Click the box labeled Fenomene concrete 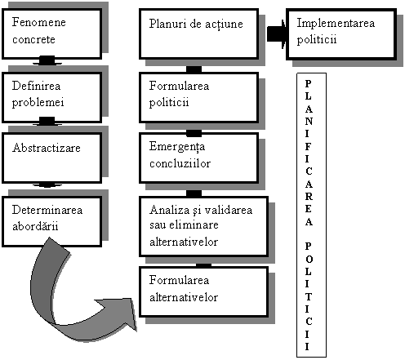51,33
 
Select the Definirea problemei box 51,97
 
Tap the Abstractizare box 51,158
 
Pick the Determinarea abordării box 51,221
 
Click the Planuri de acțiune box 198,33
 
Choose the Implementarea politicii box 341,33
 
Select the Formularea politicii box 198,97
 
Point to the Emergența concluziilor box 198,158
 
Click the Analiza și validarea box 203,226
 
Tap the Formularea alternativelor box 203,291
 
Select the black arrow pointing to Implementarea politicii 277,33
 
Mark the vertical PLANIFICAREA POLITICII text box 311,215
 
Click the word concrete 33,40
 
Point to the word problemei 38,103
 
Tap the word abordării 35,226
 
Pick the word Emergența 177,147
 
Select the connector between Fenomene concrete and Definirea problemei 47,60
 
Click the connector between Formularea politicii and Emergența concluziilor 194,133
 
